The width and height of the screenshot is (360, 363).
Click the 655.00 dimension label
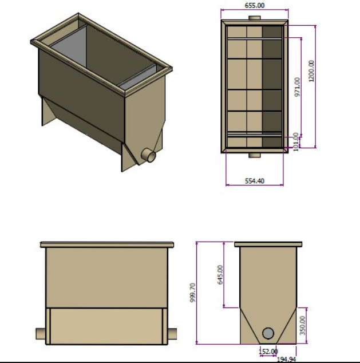[x=255, y=5]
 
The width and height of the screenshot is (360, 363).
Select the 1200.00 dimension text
[x=311, y=72]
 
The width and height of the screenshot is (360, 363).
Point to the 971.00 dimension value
[x=298, y=87]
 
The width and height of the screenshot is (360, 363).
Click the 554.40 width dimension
[x=255, y=180]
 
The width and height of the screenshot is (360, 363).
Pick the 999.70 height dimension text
[x=193, y=293]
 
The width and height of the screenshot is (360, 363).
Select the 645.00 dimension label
[x=220, y=274]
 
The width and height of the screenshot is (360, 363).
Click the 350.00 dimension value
[x=303, y=323]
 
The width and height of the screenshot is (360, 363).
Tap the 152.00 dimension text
[x=268, y=351]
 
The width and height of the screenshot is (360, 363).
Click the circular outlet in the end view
[x=268, y=333]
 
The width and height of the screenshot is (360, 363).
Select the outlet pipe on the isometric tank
[x=149, y=155]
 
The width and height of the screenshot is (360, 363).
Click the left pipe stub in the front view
[x=41, y=333]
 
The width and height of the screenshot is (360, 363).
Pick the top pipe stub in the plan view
[x=255, y=18]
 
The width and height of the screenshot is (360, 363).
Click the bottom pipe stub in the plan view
[x=255, y=155]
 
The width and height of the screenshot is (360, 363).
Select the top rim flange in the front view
[x=106, y=244]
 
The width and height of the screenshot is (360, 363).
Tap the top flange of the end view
[x=268, y=244]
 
